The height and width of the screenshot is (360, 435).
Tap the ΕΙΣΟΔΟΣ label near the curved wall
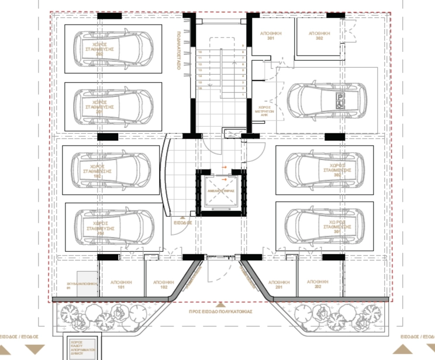point(182,223)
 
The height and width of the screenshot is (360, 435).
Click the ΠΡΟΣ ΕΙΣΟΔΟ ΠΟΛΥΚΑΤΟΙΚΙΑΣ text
point(220,312)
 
